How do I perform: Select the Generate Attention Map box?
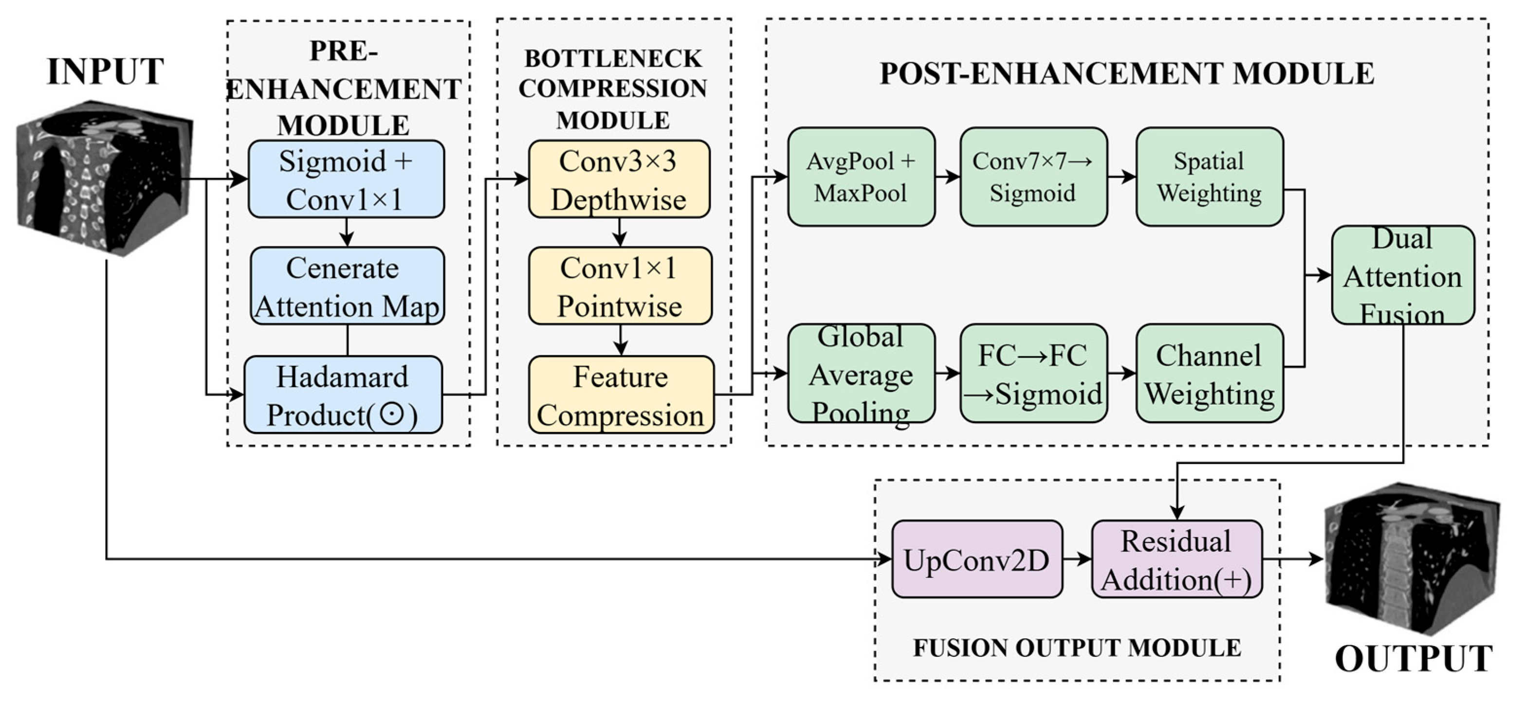point(347,286)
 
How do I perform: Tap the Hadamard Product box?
point(343,395)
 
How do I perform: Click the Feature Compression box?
point(621,395)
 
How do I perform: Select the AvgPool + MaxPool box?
point(862,177)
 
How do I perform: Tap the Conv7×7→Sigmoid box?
point(1034,177)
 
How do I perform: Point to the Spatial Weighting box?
point(1210,177)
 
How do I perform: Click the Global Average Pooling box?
point(862,374)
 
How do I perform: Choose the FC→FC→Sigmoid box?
point(1034,374)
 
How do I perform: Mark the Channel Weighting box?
point(1210,374)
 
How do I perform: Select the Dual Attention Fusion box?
point(1403,275)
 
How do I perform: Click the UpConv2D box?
point(977,559)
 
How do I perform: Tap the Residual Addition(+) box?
point(1177,559)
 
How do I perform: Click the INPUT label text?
point(105,72)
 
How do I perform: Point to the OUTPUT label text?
point(1414,659)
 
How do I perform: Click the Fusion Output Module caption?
point(1078,648)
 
